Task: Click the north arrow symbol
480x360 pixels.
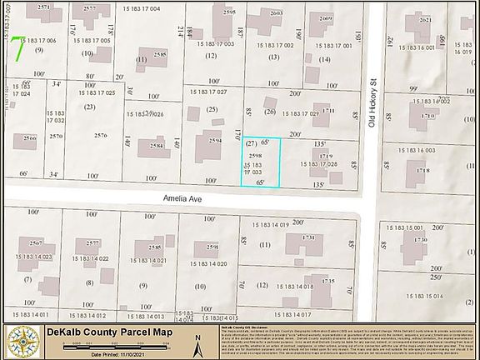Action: (x=198, y=342)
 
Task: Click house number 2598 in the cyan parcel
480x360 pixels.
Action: (x=256, y=156)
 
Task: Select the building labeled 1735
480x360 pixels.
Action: (x=327, y=283)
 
